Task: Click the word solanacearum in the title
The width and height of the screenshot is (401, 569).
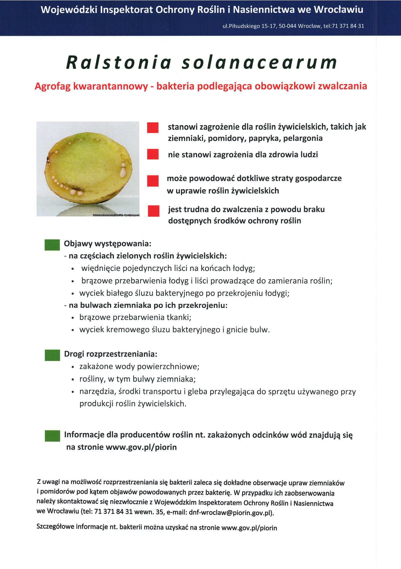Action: pyautogui.click(x=259, y=62)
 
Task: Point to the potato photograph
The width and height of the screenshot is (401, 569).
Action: pyautogui.click(x=88, y=169)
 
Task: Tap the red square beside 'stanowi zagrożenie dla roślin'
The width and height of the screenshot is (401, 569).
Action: pyautogui.click(x=153, y=128)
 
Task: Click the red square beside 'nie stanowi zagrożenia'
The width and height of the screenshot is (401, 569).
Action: pyautogui.click(x=153, y=155)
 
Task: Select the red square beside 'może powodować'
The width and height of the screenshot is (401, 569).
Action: pyautogui.click(x=153, y=180)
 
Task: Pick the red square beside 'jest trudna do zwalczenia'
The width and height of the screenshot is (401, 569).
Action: pyautogui.click(x=153, y=211)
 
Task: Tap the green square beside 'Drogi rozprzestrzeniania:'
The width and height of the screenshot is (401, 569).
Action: pyautogui.click(x=52, y=355)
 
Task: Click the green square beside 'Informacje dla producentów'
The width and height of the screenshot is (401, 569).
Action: pyautogui.click(x=52, y=436)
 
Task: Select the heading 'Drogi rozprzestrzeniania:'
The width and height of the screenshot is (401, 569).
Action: pyautogui.click(x=111, y=354)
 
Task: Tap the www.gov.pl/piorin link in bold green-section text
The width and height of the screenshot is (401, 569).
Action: pyautogui.click(x=141, y=447)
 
